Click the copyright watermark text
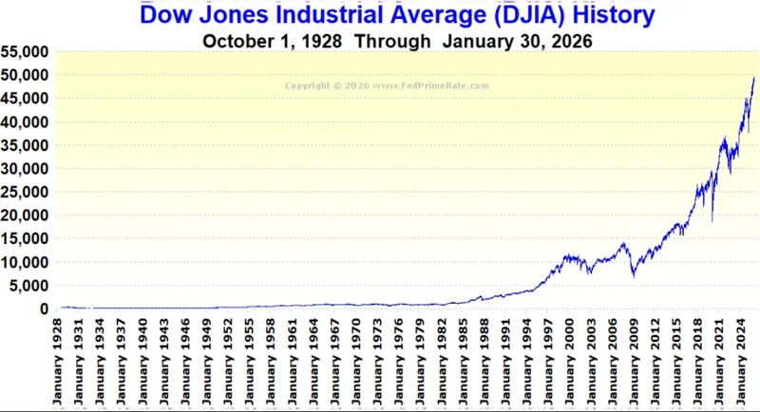[x=388, y=85]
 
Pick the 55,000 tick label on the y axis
[x=25, y=52]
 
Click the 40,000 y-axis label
[x=25, y=122]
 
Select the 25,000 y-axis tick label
[x=25, y=192]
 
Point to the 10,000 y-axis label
[x=25, y=262]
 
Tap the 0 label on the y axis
[x=43, y=309]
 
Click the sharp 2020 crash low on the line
[x=712, y=221]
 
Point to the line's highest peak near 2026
[x=753, y=78]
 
